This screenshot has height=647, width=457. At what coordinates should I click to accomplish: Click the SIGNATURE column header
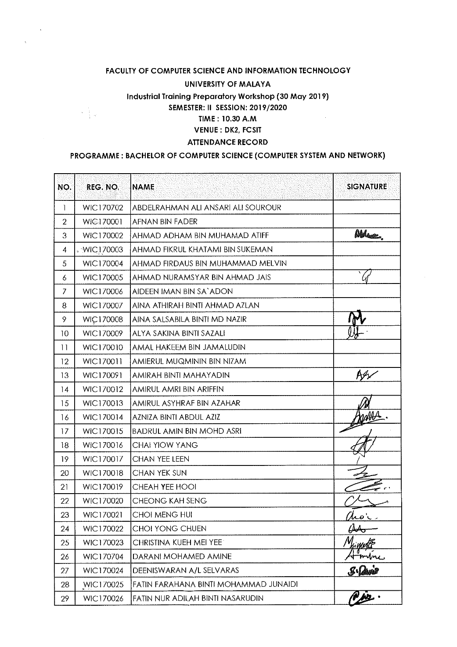[x=367, y=186]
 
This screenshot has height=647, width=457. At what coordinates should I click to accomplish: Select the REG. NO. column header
[x=103, y=187]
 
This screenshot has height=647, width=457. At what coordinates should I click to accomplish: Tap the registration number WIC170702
[x=103, y=207]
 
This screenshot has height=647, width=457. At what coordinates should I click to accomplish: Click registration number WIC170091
[x=103, y=375]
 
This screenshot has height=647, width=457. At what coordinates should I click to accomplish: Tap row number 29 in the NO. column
[x=65, y=598]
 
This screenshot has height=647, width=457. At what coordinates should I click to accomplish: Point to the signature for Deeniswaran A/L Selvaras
[x=367, y=570]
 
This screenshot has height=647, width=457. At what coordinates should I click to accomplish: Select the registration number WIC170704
[x=103, y=556]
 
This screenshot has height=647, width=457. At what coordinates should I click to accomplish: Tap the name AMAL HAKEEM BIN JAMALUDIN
[x=189, y=347]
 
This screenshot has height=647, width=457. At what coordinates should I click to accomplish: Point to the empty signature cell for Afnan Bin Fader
[x=367, y=222]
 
